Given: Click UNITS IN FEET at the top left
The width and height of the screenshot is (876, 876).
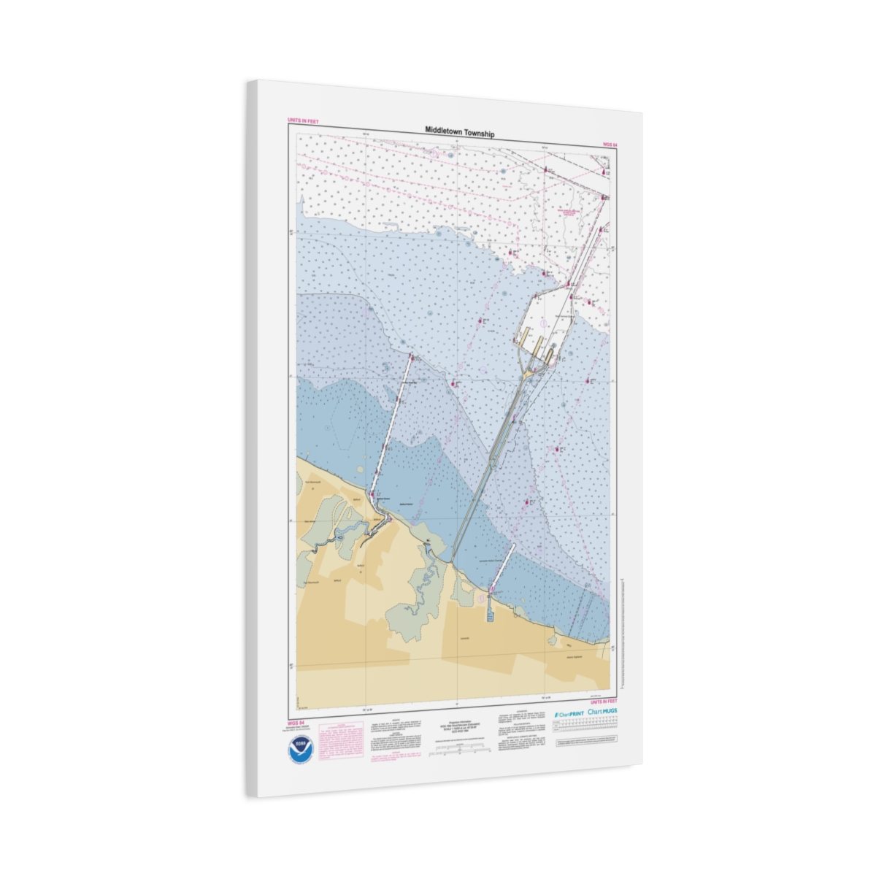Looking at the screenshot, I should [303, 121].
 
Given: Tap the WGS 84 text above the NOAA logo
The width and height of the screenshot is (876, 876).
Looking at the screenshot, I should [296, 723].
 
